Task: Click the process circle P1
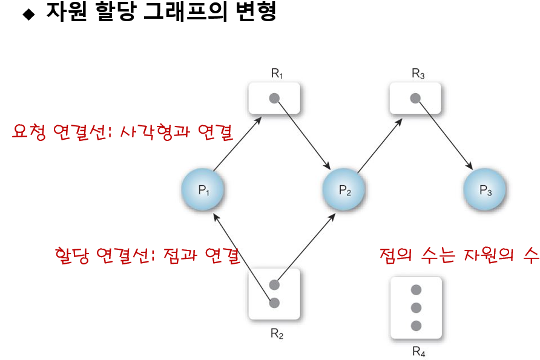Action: click(203, 189)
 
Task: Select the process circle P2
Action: click(344, 189)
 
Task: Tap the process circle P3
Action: click(486, 189)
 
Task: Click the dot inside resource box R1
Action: click(274, 97)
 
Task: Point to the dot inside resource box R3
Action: click(415, 97)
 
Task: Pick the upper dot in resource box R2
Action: click(274, 284)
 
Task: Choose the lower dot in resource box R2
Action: click(274, 302)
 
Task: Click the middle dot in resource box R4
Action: click(415, 307)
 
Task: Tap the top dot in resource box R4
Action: click(415, 290)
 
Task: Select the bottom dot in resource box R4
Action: click(415, 326)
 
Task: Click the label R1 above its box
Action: click(277, 74)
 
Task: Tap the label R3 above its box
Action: click(418, 74)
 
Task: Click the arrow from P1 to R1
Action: click(237, 146)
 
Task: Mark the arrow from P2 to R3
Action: click(378, 146)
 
